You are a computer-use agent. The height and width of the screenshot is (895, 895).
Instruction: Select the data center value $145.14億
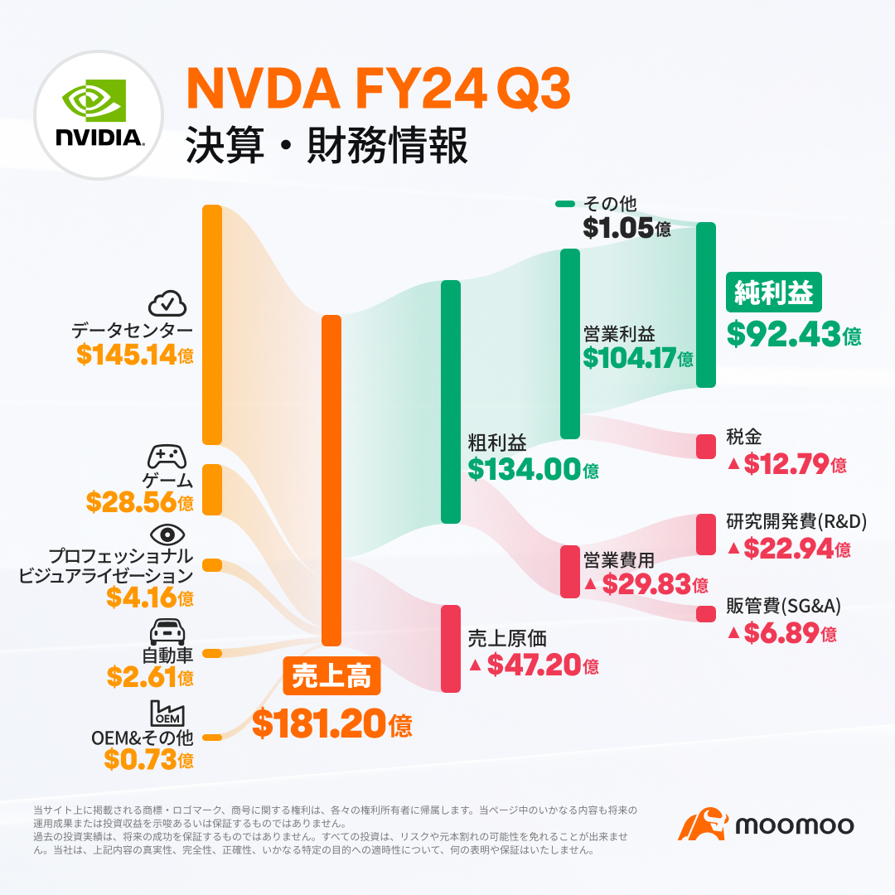pos(135,355)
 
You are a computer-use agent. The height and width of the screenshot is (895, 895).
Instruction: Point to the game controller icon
pos(167,456)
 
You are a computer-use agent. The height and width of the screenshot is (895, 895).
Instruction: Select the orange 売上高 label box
pos(331,678)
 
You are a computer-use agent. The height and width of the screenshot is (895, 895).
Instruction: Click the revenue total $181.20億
pos(331,724)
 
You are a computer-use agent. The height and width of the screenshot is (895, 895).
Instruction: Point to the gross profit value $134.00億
pos(533,469)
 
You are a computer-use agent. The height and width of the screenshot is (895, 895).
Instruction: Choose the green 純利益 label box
pos(774,293)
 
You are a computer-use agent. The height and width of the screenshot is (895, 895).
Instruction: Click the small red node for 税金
pos(705,447)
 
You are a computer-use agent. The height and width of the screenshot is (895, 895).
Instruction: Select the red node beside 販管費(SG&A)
pos(705,614)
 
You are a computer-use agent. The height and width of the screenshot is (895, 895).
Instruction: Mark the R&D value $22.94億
pos(788,548)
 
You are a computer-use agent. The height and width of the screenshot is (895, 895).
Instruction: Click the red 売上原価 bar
pos(450,648)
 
